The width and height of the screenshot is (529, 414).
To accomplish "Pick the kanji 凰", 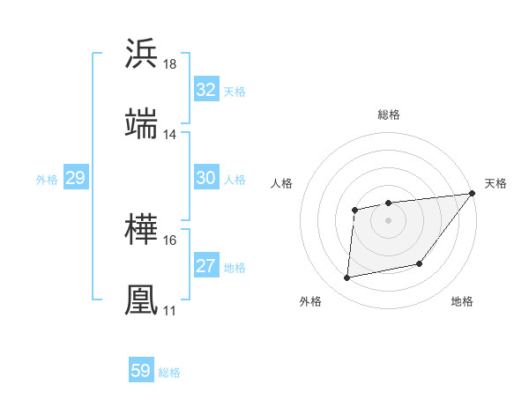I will (142, 299).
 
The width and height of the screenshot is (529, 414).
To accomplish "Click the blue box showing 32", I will (205, 90).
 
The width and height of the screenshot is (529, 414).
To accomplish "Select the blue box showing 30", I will (205, 178).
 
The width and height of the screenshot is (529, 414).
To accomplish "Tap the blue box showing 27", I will (205, 266).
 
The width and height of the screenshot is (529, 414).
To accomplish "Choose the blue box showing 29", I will (75, 178).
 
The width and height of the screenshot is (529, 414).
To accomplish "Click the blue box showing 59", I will (141, 371).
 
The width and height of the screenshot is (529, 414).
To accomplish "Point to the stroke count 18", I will (170, 64).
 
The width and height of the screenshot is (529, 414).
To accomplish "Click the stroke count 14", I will (170, 135).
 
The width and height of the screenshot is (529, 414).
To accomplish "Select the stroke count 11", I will (170, 311).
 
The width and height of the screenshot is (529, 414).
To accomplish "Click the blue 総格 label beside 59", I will (169, 373).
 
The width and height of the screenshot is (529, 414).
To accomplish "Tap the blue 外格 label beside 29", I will (47, 180).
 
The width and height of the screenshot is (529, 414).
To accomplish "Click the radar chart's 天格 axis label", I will (495, 183).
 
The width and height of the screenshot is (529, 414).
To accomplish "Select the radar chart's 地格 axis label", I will (462, 302).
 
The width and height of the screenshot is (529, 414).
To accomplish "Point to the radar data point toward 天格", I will (472, 193).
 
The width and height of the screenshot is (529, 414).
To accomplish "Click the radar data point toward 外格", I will (347, 278).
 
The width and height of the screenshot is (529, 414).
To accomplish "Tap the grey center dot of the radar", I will (388, 219).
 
